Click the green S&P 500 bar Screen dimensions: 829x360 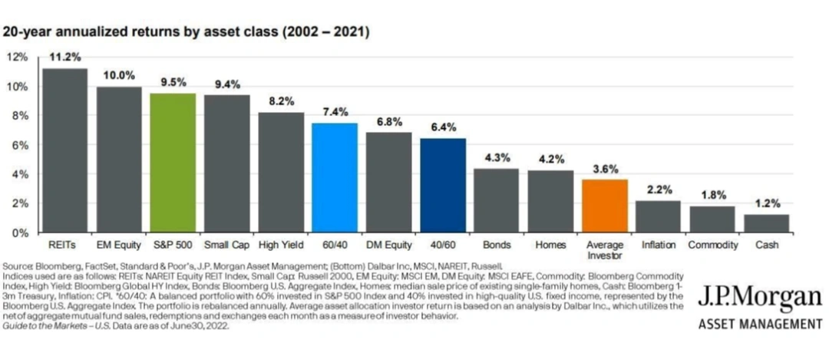tap(173, 163)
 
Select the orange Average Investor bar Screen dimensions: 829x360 tap(605, 206)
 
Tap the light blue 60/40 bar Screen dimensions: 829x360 tap(335, 177)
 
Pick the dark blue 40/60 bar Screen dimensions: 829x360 tap(443, 186)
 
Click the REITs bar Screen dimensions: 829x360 tap(65, 150)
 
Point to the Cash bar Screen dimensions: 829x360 tap(767, 223)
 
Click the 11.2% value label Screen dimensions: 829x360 tap(65, 58)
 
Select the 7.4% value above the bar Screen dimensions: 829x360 tap(335, 112)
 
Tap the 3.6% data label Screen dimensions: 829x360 tap(605, 169)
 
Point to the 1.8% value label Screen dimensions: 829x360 tap(712, 196)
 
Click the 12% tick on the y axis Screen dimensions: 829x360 tap(18, 57)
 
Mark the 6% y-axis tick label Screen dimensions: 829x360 tap(20, 144)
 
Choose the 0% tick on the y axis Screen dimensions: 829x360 tap(20, 233)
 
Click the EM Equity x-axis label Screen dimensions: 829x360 tap(119, 246)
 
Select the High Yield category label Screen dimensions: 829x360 tap(281, 246)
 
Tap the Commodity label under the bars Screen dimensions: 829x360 tap(712, 246)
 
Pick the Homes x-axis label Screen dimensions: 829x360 tap(550, 246)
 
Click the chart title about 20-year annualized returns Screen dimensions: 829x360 tap(186, 32)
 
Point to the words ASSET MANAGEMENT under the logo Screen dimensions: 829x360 tap(760, 323)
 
